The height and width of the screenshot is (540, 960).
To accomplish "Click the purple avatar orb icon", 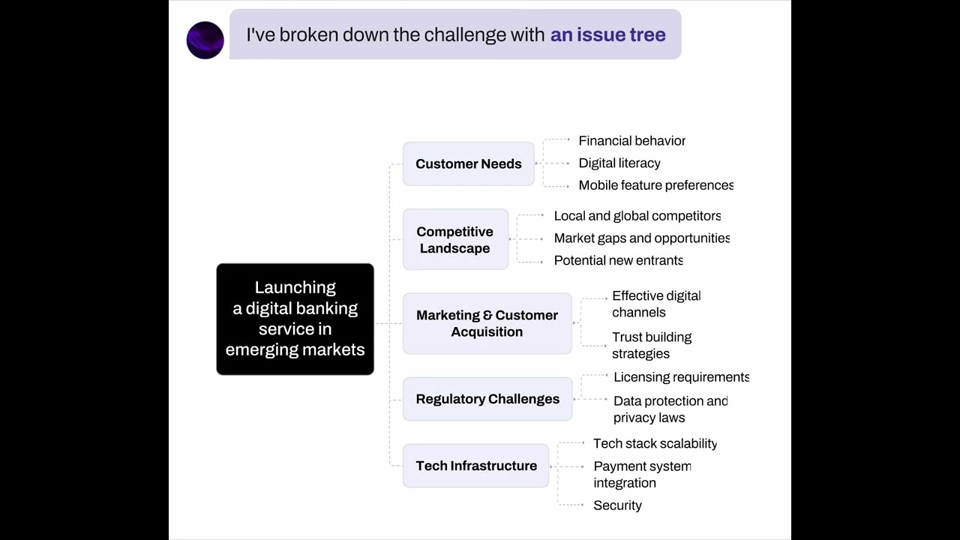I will [205, 40].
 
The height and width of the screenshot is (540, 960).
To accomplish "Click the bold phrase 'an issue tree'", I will [607, 34].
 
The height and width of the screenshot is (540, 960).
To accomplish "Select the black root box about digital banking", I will [295, 319].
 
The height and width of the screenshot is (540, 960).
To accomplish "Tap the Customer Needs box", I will [469, 163].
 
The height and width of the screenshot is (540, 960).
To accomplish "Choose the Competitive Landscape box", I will [455, 240].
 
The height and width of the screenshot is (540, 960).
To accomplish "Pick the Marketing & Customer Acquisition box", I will [487, 323].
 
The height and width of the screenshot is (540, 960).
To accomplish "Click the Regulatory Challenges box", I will [487, 399].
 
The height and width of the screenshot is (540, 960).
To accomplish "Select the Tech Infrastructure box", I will [476, 466].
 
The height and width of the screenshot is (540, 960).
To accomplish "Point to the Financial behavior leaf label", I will [631, 140].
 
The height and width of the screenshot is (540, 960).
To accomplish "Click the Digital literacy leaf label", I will [619, 163].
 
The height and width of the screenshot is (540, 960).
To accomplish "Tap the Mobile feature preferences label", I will [655, 185].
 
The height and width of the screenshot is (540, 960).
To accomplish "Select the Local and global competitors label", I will [637, 216].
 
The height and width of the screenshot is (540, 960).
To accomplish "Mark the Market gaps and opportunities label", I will [641, 238].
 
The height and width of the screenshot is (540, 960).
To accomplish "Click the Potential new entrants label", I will [618, 260].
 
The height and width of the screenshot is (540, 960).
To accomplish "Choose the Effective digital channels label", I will [655, 304].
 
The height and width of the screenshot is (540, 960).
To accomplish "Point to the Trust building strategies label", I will [651, 345].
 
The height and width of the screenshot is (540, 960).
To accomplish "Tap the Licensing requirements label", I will [681, 377].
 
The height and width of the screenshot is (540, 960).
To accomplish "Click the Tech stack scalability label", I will [655, 443].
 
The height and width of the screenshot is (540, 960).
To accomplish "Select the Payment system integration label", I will [641, 474].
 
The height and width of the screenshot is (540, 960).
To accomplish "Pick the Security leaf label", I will [617, 505].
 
